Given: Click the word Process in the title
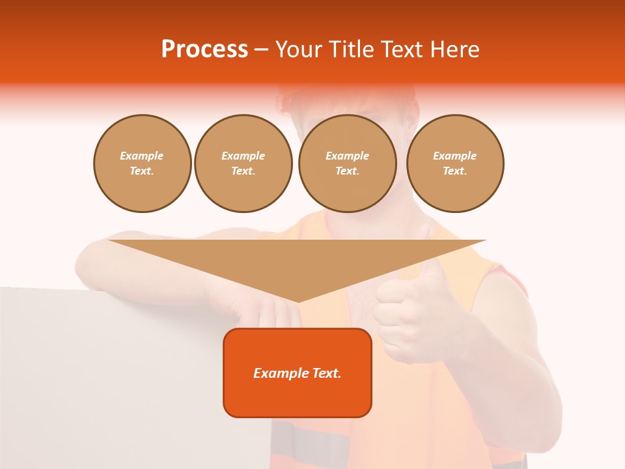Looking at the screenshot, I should [204, 50].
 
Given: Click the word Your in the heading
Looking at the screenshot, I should [299, 50].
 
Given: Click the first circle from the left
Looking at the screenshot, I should [142, 163].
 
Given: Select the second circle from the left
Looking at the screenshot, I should [243, 163].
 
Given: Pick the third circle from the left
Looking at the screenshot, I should [347, 163].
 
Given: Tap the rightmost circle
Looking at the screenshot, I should [454, 163].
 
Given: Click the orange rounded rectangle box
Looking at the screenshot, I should [298, 391].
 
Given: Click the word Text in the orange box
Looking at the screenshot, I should [326, 373].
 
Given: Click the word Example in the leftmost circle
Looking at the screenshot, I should [142, 156].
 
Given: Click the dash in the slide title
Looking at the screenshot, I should [262, 50].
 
